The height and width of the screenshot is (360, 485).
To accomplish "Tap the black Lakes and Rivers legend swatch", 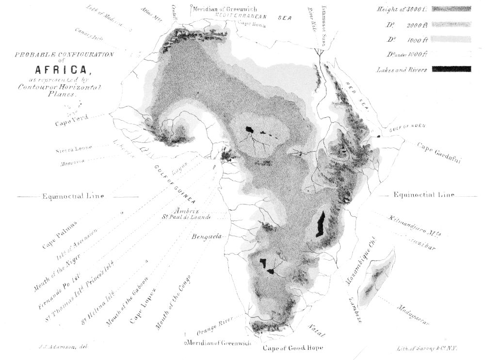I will [451, 69].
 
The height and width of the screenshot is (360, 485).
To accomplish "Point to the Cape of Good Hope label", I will [292, 348].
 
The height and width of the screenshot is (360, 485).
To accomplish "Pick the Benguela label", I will [207, 236].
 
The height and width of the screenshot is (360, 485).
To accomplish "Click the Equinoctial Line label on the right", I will [424, 195].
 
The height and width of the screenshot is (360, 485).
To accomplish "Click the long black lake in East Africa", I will [321, 224].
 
